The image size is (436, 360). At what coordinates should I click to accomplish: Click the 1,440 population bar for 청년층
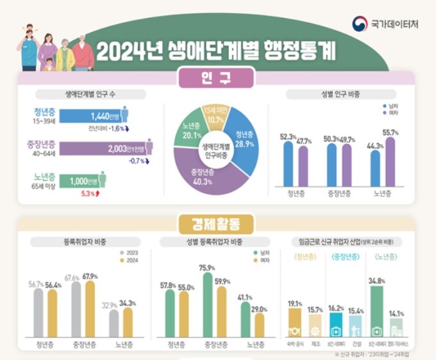pyautogui.click(x=96, y=116)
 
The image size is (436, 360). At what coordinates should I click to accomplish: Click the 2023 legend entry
pyautogui.click(x=128, y=252)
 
